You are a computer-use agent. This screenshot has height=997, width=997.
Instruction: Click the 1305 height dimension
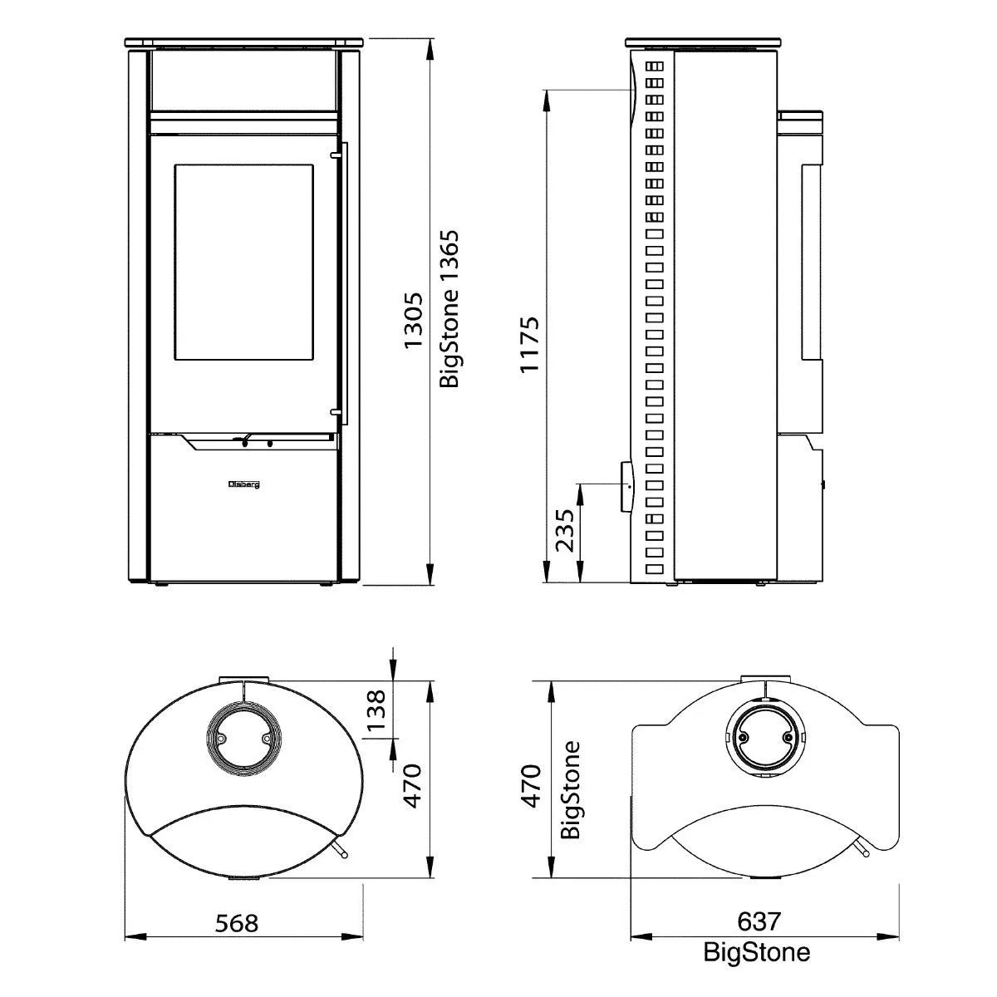tap(414, 321)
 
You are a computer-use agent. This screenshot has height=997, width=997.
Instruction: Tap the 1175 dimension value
tap(530, 345)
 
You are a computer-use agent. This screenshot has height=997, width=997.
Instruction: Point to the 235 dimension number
tap(565, 531)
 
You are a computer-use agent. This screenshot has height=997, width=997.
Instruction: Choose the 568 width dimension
tap(237, 922)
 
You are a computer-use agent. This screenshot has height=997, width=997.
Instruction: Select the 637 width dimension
tap(759, 921)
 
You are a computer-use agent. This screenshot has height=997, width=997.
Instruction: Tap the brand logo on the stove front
tap(244, 484)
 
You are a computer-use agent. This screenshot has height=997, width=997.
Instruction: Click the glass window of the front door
tap(243, 263)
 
